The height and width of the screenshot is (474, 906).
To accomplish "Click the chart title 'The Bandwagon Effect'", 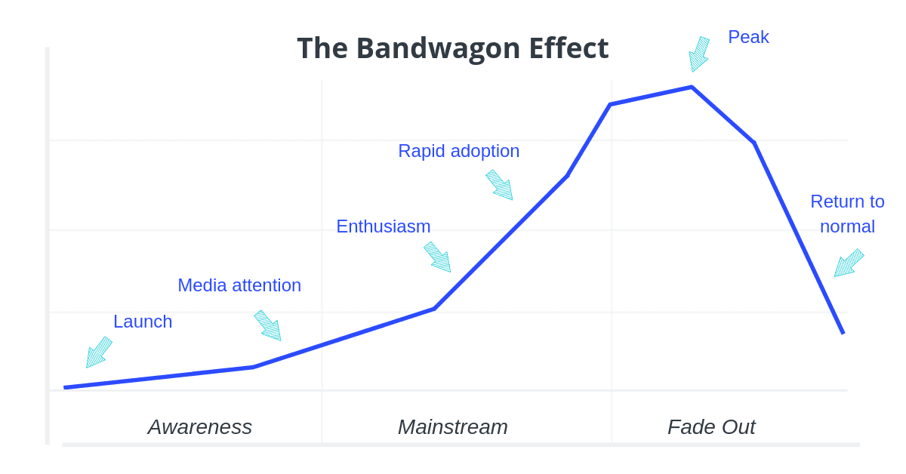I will pyautogui.click(x=452, y=48).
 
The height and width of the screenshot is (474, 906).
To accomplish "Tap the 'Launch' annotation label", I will pyautogui.click(x=143, y=322).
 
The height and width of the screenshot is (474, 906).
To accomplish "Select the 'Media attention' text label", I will pyautogui.click(x=239, y=285).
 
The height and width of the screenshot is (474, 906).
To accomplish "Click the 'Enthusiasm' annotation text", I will pyautogui.click(x=383, y=226).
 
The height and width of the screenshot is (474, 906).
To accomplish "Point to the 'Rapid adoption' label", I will pyautogui.click(x=458, y=151).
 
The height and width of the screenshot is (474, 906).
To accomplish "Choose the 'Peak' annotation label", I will pyautogui.click(x=748, y=37).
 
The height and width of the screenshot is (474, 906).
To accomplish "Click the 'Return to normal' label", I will pyautogui.click(x=847, y=214).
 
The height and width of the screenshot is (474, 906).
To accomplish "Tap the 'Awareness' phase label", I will pyautogui.click(x=200, y=427).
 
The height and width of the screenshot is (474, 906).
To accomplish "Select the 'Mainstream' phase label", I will pyautogui.click(x=452, y=427).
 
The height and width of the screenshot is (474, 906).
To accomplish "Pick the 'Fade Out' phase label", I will pyautogui.click(x=711, y=427).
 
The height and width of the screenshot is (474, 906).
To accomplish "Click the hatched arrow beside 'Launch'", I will pyautogui.click(x=98, y=352).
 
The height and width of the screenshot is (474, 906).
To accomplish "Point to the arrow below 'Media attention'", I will pyautogui.click(x=268, y=325).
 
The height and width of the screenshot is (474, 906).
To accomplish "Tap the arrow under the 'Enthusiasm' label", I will pyautogui.click(x=438, y=257).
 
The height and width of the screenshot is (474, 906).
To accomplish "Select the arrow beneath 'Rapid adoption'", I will pyautogui.click(x=500, y=185).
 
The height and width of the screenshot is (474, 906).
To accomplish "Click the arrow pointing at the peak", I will pyautogui.click(x=698, y=54).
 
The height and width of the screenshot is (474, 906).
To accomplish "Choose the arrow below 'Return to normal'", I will pyautogui.click(x=848, y=263).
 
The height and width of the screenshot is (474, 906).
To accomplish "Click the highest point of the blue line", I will pyautogui.click(x=691, y=88).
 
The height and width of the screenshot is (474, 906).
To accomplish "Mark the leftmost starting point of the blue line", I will pyautogui.click(x=66, y=387).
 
